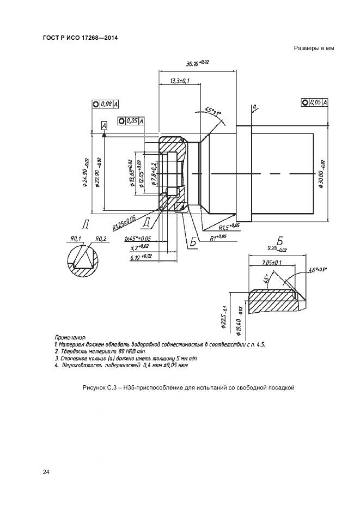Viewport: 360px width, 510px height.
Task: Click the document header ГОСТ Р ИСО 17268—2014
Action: pyautogui.click(x=80, y=38)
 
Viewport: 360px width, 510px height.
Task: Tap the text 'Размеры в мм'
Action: pyautogui.click(x=313, y=48)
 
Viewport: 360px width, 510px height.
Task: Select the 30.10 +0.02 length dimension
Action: pyautogui.click(x=197, y=63)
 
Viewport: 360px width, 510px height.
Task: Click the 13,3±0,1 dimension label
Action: pyautogui.click(x=179, y=81)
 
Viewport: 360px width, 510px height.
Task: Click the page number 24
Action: pyautogui.click(x=46, y=472)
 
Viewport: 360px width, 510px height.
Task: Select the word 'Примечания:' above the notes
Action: pyautogui.click(x=70, y=338)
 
